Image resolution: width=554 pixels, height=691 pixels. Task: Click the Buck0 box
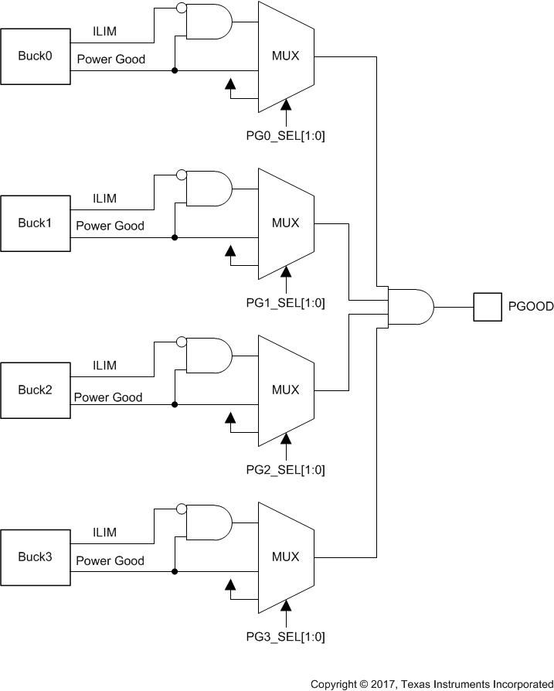pyautogui.click(x=35, y=56)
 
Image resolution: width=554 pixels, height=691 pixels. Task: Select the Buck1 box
pyautogui.click(x=35, y=223)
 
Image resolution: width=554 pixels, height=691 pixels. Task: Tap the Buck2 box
pyautogui.click(x=35, y=390)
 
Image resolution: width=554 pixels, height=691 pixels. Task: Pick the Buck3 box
pyautogui.click(x=35, y=557)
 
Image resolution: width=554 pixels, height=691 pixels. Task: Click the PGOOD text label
pyautogui.click(x=531, y=307)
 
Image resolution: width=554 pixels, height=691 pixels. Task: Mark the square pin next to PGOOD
pyautogui.click(x=487, y=307)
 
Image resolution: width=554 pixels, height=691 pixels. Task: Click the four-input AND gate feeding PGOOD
pyautogui.click(x=410, y=307)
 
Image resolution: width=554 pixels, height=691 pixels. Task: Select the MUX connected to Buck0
pyautogui.click(x=285, y=56)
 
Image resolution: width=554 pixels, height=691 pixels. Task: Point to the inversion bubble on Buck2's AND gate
pyautogui.click(x=182, y=342)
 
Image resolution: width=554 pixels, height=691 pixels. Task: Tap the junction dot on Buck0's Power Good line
pyautogui.click(x=175, y=71)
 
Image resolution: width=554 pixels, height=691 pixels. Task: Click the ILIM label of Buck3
pyautogui.click(x=104, y=533)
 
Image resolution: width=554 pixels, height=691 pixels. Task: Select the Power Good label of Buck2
pyautogui.click(x=108, y=397)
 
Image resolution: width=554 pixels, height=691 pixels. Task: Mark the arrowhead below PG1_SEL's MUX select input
pyautogui.click(x=286, y=271)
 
